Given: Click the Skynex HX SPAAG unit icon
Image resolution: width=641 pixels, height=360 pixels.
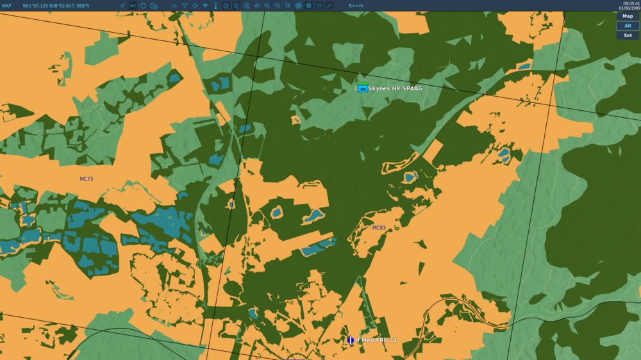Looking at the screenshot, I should [363, 88].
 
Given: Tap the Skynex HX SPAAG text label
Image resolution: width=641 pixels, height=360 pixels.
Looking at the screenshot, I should [395, 88].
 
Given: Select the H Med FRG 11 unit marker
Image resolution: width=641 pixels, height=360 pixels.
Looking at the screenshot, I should [350, 340].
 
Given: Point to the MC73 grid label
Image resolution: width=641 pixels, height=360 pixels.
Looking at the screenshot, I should [87, 179].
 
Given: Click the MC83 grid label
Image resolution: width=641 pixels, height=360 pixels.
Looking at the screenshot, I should [379, 227].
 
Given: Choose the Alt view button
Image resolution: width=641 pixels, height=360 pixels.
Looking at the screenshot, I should [628, 26].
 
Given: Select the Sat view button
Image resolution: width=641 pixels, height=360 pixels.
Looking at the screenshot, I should [628, 35].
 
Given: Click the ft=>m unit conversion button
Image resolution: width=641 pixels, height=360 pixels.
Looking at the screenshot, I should [356, 6].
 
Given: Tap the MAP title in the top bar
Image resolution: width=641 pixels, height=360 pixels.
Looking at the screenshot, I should [6, 6].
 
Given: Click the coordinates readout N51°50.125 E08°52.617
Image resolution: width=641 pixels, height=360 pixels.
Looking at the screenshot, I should [56, 6].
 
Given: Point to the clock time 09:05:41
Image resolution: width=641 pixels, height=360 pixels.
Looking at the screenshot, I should [631, 3].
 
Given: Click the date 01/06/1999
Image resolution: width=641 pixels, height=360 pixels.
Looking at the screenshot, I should [629, 8].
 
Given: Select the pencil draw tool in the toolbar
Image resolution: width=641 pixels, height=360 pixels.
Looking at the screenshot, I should [329, 6].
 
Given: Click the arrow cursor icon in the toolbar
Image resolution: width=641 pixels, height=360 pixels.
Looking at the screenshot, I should [122, 6].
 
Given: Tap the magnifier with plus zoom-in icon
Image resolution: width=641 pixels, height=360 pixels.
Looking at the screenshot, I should [267, 6].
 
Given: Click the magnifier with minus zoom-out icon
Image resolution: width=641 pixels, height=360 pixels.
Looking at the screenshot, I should [278, 6].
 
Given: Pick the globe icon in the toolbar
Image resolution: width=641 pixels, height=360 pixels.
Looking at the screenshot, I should [309, 6].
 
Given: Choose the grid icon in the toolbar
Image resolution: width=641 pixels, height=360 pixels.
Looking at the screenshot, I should [319, 6].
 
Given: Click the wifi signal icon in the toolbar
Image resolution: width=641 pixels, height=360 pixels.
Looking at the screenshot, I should [205, 6].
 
